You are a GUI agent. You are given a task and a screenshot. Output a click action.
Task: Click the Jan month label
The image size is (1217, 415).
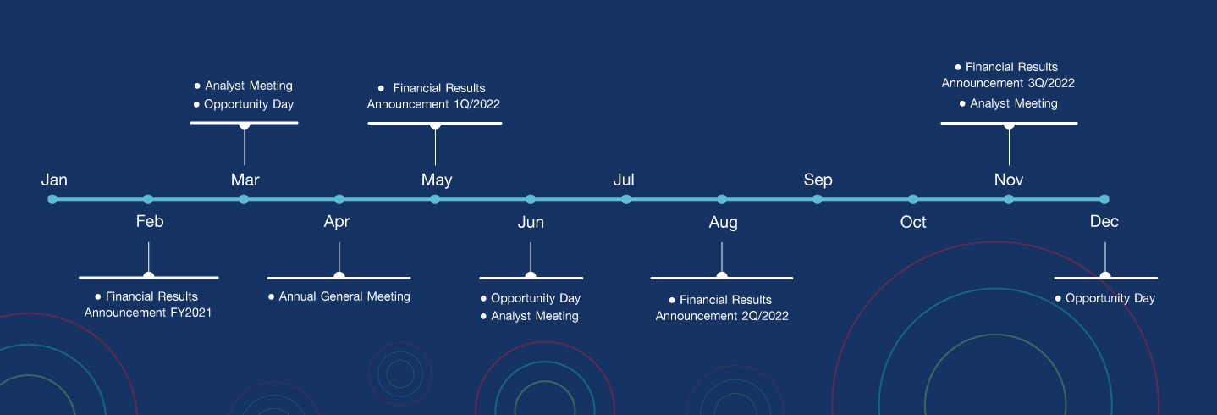point(54,180)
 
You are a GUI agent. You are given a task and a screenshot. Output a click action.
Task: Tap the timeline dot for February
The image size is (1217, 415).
point(148,200)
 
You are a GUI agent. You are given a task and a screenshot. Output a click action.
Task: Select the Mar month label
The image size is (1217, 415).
point(245,180)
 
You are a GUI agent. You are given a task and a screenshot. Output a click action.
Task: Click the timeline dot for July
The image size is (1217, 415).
point(626,200)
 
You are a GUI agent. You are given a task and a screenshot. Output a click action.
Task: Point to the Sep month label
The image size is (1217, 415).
point(818,180)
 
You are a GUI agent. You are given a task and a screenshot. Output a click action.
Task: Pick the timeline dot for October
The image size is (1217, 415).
point(913,200)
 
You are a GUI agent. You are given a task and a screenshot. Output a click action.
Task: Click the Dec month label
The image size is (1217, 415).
point(1104,221)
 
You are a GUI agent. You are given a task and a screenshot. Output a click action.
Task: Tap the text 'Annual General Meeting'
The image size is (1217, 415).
point(344,296)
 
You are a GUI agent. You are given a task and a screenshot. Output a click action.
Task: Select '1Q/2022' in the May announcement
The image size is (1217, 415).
point(478,104)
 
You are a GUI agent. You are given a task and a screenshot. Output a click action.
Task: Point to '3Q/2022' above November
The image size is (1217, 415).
point(1053,83)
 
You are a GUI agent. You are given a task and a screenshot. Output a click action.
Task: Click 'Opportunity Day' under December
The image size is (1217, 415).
point(1110,299)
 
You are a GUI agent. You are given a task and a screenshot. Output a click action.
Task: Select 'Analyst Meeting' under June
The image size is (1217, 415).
point(535,316)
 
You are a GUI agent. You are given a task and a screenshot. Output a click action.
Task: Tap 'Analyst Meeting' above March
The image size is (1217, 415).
point(249,86)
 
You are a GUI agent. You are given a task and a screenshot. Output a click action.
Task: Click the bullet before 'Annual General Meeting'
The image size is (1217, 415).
point(271,296)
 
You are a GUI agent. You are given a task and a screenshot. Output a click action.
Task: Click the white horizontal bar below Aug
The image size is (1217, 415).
point(722,278)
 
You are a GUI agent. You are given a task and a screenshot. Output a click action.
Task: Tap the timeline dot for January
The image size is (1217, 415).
point(52,200)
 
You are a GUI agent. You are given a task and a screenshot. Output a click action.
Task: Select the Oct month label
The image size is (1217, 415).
point(913,222)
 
